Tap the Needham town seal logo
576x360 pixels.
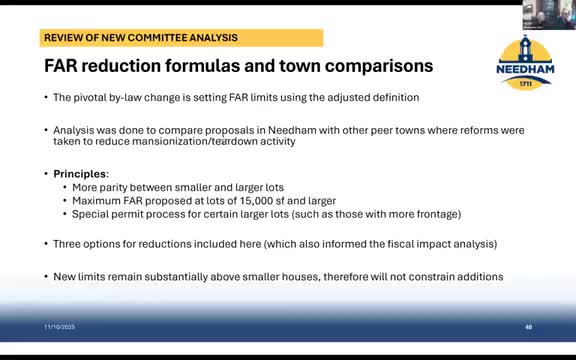click(524, 56)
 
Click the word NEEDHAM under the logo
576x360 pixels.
click(524, 71)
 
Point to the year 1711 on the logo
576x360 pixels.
click(524, 84)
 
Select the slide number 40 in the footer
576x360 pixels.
click(528, 327)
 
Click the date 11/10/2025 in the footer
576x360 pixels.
click(60, 327)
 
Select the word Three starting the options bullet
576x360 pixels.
click(69, 244)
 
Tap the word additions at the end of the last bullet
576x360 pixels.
click(478, 276)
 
